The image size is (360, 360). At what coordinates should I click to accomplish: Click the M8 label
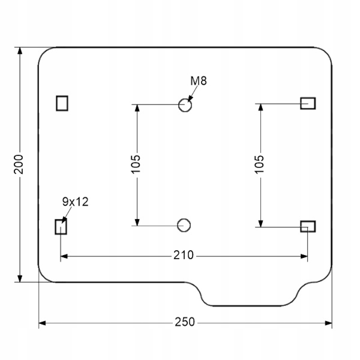198,81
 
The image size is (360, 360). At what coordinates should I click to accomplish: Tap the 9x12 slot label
75,202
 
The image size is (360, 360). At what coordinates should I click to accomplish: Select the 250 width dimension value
185,323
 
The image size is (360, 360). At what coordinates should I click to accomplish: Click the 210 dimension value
184,256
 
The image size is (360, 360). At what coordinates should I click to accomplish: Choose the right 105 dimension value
259,164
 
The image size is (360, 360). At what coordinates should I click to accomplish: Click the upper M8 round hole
185,105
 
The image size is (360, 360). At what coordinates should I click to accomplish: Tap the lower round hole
184,225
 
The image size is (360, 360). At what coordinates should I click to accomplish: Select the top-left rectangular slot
62,103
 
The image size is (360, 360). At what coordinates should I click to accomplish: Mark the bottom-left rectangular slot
61,226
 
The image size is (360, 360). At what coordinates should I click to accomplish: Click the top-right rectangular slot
308,103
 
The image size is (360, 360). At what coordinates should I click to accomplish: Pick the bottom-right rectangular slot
308,226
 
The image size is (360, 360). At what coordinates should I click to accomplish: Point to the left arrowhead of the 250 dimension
42,323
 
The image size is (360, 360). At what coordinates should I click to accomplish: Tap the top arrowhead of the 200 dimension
20,50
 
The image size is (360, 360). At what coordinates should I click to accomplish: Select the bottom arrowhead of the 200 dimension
20,279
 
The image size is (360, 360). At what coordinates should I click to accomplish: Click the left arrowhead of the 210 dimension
64,256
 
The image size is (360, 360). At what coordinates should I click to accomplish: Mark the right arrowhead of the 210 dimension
304,256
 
